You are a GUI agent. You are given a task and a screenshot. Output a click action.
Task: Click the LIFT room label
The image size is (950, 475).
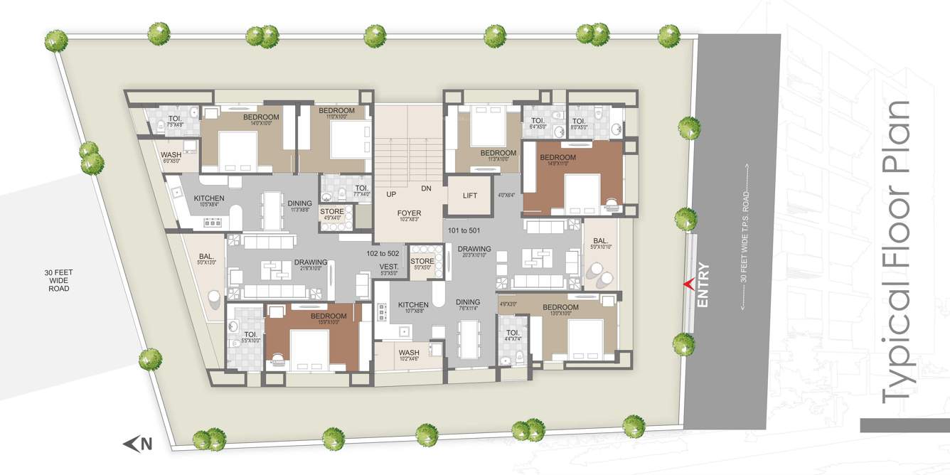pos(469,196)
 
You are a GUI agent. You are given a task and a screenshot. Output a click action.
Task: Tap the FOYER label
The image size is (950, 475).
pos(410,213)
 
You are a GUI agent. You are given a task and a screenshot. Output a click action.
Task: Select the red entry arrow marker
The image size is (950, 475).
pos(688,284)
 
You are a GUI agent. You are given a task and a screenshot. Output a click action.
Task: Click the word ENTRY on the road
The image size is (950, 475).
pos(703,285)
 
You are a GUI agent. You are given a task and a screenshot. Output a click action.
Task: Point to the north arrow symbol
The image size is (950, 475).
pos(132,444)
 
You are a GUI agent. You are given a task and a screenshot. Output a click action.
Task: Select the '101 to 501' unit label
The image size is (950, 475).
pos(465,231)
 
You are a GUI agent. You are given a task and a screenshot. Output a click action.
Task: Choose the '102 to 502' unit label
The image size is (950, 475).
pos(383,253)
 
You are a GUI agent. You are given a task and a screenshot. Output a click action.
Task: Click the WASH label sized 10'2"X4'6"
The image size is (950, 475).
pos(409,353)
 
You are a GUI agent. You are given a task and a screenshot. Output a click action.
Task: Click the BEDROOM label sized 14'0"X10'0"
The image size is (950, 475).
pos(261,117)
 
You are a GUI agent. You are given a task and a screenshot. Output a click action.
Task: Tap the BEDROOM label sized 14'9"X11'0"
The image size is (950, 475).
pos(557,157)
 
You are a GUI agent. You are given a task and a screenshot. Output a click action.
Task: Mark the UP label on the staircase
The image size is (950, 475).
pos(391,194)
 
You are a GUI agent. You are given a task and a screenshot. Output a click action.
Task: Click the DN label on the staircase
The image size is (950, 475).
pos(427,189)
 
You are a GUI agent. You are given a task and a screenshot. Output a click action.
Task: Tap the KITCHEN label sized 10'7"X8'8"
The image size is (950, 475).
pos(412,304)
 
